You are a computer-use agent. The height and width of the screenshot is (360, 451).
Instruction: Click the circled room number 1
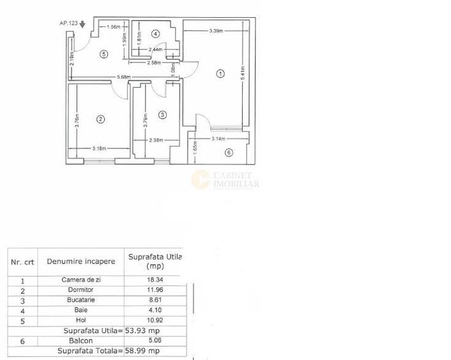coord(220,74)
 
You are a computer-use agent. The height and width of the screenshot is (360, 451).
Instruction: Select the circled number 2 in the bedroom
coord(100,118)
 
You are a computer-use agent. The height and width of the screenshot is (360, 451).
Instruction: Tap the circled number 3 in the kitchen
coord(162,115)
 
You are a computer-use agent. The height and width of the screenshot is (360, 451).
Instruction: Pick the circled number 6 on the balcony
coord(229,152)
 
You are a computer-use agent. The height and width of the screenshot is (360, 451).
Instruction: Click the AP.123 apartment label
coord(68,23)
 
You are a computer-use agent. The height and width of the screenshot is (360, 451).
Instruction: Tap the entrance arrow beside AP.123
coord(82,24)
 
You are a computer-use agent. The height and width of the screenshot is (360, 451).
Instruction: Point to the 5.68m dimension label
coord(123,78)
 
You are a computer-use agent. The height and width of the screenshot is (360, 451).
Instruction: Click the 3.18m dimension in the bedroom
coord(99,148)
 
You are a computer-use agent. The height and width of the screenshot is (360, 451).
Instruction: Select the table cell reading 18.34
coord(151,280)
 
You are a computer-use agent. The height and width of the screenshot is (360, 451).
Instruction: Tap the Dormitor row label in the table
coord(82,290)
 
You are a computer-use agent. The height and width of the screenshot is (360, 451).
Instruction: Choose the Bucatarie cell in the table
coord(82,299)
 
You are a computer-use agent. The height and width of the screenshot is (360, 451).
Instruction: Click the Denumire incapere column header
coord(81,261)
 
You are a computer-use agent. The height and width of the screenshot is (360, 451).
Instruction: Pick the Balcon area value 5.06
coord(151,341)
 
